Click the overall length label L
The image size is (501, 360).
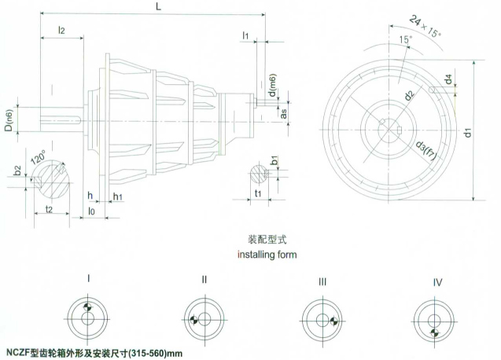click(x=160, y=6)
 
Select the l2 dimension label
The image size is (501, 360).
click(x=61, y=30)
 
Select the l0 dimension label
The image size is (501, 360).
click(x=92, y=211)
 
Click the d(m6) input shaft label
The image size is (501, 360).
click(x=271, y=85)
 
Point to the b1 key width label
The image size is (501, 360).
click(x=273, y=162)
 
